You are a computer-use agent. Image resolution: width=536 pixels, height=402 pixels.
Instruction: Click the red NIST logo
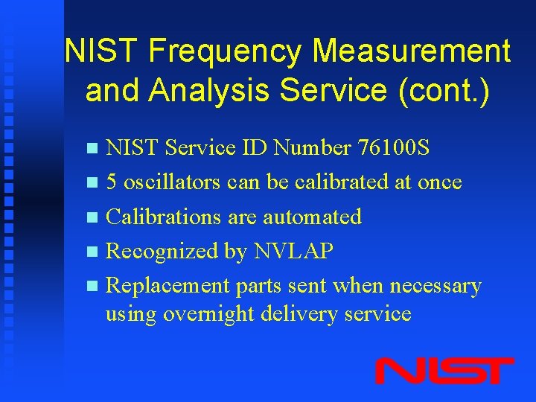point(444,371)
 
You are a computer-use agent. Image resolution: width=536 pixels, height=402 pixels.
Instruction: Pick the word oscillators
point(173,182)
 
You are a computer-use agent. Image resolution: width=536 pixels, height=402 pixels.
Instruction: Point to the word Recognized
point(162,252)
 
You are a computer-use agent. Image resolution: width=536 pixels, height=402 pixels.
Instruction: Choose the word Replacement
point(167,286)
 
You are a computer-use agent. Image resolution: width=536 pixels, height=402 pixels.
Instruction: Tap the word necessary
point(443,287)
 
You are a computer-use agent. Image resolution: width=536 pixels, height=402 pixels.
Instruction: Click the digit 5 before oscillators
point(112,182)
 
